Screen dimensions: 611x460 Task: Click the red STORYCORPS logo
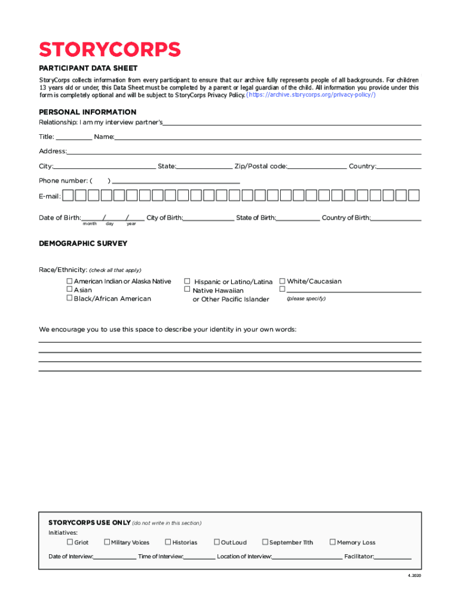click(x=109, y=49)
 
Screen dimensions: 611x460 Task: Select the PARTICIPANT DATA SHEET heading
click(x=88, y=68)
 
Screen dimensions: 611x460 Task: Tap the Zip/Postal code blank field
click(x=317, y=167)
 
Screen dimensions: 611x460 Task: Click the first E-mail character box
click(x=68, y=195)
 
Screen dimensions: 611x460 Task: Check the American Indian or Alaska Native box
click(x=69, y=281)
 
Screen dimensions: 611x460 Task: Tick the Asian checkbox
click(x=69, y=289)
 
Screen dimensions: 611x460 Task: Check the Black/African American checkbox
click(x=69, y=298)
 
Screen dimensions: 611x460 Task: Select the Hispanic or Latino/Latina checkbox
click(x=187, y=281)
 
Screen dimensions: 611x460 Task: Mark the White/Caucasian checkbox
click(x=283, y=281)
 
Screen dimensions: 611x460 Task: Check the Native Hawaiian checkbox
click(x=187, y=289)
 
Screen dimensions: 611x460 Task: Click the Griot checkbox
click(x=69, y=542)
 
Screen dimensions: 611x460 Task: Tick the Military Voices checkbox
click(x=106, y=542)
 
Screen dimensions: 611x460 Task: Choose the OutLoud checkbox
click(x=217, y=542)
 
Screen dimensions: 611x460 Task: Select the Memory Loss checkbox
click(x=333, y=542)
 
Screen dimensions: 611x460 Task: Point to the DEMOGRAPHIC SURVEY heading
click(x=83, y=243)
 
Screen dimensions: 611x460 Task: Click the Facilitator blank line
click(x=393, y=557)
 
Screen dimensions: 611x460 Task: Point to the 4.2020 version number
click(x=414, y=576)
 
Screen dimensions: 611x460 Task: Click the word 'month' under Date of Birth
click(x=90, y=224)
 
